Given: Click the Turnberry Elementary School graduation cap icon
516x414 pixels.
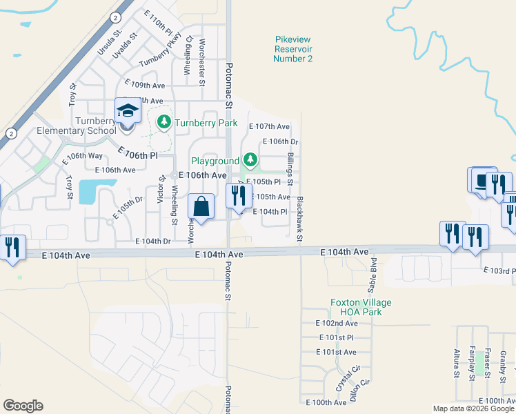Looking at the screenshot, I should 128,111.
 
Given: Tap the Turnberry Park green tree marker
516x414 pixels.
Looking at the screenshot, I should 164,123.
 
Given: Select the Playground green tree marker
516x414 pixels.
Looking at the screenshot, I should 250,161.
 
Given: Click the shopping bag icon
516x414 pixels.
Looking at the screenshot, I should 201,206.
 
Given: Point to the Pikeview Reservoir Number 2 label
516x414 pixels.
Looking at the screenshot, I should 293,49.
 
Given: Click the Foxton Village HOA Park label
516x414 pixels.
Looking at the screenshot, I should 361,307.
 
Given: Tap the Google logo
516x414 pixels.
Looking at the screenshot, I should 23,406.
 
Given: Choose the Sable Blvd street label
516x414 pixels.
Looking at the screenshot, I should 373,273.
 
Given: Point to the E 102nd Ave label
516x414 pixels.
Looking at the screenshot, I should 337,323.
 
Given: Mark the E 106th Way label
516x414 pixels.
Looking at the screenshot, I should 83,156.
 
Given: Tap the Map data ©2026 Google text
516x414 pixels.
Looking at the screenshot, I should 474,408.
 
